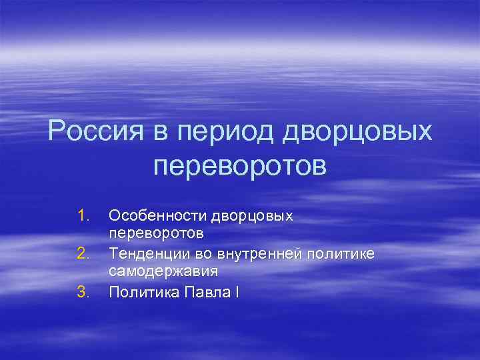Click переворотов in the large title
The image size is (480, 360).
240,166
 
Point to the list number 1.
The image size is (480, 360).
83,215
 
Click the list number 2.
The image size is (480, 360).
83,253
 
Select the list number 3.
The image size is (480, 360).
83,291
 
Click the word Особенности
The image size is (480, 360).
157,215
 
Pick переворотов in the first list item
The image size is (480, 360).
156,235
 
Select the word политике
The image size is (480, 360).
345,253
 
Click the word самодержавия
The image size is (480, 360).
163,272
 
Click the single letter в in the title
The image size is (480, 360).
162,131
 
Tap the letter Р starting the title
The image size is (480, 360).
57,131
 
